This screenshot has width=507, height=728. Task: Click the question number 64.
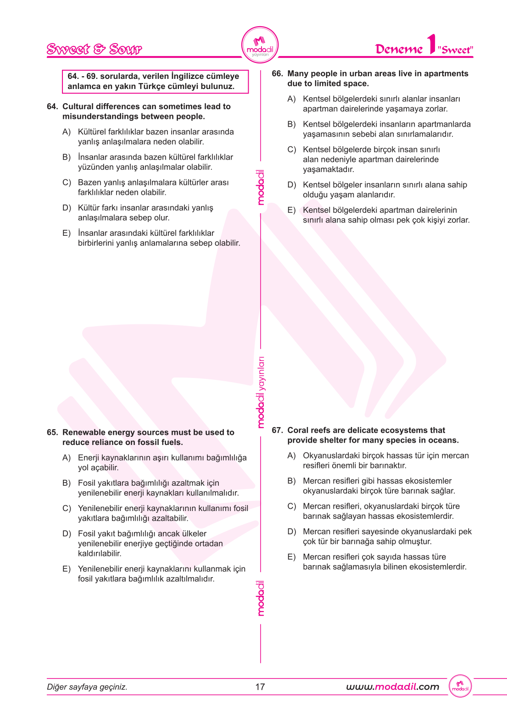[x=52, y=106]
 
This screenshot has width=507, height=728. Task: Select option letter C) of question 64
[x=67, y=183]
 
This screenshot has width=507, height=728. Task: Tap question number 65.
[x=52, y=432]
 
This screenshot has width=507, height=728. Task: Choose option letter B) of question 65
[x=67, y=483]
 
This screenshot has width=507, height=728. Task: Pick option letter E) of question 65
[x=67, y=569]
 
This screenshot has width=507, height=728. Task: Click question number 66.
[x=277, y=73]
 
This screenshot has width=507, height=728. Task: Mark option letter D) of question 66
[x=292, y=185]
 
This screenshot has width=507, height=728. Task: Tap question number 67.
[x=277, y=430]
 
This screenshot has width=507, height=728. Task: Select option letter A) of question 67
[x=292, y=456]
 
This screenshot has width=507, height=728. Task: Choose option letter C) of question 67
[x=292, y=506]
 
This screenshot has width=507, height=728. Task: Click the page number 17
[x=260, y=687]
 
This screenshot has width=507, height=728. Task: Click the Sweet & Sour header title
[x=95, y=49]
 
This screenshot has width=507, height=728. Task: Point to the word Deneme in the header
[x=399, y=49]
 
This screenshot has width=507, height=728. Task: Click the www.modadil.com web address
[x=392, y=687]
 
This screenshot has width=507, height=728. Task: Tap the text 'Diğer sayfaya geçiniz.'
[x=87, y=687]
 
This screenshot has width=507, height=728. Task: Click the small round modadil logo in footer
[x=460, y=686]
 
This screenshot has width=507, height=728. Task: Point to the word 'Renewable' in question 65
[x=84, y=432]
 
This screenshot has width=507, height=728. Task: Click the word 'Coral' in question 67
[x=298, y=430]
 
